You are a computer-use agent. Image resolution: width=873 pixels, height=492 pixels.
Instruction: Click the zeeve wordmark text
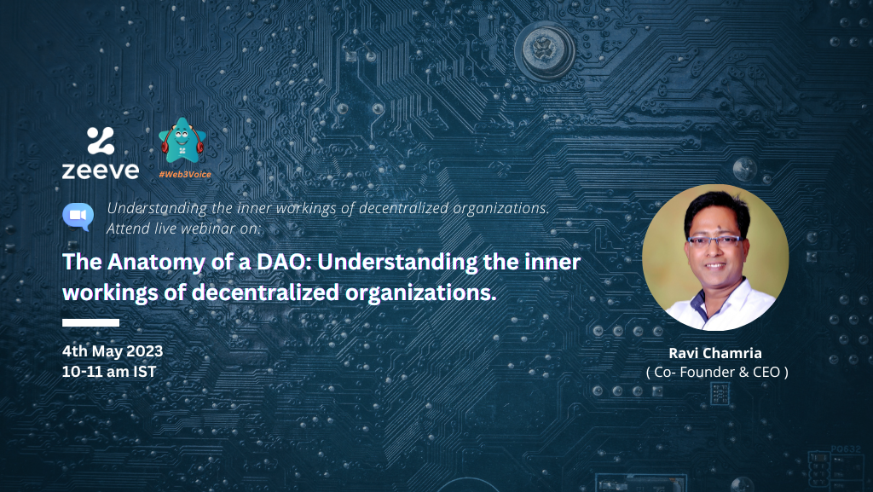tap(101, 171)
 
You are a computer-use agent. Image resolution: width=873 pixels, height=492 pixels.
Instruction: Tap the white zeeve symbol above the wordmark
tap(101, 140)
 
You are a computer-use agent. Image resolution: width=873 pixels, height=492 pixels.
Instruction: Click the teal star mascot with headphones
tap(182, 141)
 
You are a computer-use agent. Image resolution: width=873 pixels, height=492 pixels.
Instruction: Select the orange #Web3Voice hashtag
tap(185, 174)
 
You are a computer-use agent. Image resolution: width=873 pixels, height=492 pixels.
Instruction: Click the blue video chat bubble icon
tap(78, 217)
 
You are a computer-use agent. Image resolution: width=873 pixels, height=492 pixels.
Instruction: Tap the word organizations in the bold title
tap(420, 292)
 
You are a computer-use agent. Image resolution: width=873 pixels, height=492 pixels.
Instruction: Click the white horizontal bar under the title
tap(90, 323)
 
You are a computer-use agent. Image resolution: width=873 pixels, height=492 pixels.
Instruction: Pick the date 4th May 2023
tap(113, 351)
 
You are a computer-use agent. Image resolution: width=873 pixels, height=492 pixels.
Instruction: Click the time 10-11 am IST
tap(109, 372)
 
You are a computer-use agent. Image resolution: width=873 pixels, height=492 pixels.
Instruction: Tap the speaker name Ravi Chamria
tap(715, 353)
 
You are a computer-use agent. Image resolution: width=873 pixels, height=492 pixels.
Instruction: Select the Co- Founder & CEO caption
tap(717, 373)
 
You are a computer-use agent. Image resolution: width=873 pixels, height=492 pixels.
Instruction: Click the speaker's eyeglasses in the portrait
tap(715, 241)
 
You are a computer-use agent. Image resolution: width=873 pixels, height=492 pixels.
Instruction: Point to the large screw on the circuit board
tap(545, 50)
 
